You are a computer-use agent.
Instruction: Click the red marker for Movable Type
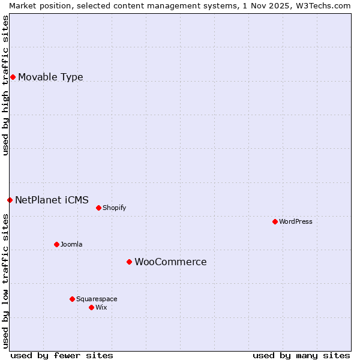[x=13, y=77]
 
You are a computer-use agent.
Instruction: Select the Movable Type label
[x=50, y=77]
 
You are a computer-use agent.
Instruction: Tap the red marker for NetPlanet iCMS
[x=10, y=200]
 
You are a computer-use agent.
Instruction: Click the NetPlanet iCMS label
[x=52, y=200]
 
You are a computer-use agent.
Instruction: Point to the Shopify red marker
[x=98, y=208]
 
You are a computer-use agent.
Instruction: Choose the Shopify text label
[x=114, y=208]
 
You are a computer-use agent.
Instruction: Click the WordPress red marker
[x=275, y=221]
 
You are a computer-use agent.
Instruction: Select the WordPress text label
[x=295, y=221]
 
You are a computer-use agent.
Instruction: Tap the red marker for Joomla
[x=56, y=244]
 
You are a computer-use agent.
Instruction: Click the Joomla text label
[x=71, y=244]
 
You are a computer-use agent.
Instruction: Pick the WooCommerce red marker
[x=129, y=262]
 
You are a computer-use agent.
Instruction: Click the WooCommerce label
[x=170, y=262]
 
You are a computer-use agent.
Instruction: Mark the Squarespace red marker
[x=72, y=299]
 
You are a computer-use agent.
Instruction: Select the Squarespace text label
[x=97, y=299]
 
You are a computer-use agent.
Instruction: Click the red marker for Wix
[x=91, y=307]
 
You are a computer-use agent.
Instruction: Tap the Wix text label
[x=101, y=307]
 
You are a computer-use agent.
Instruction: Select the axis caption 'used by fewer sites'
[x=62, y=355]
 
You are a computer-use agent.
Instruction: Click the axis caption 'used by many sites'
[x=301, y=355]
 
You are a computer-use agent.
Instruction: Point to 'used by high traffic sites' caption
[x=5, y=85]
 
